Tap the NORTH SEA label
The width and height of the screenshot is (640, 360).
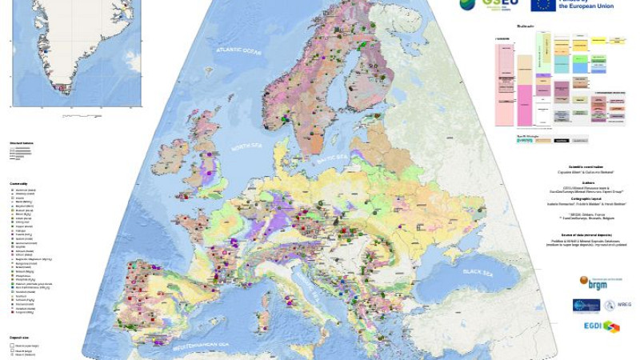[248, 148]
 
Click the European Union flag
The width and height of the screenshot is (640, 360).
[543, 4]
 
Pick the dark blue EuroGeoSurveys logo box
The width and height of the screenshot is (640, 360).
[586, 305]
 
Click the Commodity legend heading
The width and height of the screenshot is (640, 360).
[18, 183]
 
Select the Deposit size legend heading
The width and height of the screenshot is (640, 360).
[19, 339]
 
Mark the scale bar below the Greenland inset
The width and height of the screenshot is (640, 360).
[80, 116]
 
